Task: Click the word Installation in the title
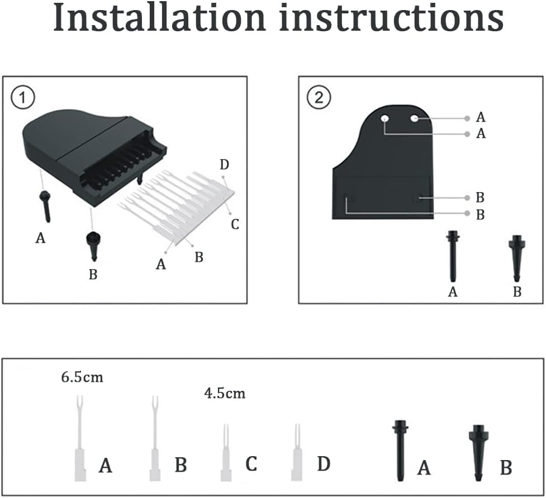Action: pos(159,17)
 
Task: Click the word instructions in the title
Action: pos(391,17)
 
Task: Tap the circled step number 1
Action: pos(23,98)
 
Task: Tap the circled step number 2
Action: pos(319,98)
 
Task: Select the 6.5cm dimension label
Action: pos(82,377)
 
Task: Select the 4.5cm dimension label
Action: pos(225,394)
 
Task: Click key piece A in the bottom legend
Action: pos(80,438)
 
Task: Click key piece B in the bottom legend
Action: pos(155,438)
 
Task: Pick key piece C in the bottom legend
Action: pos(226,452)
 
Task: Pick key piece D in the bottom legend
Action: pos(297,452)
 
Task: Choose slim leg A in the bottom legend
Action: pos(400,451)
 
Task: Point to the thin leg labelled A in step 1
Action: pos(45,207)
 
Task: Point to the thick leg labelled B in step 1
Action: pos(94,246)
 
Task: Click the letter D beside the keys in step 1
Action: pos(224,165)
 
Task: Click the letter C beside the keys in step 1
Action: pos(235,224)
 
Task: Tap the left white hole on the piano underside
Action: pos(385,118)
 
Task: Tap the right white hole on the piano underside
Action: pos(414,118)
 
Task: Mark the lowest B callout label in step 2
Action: pos(480,214)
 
